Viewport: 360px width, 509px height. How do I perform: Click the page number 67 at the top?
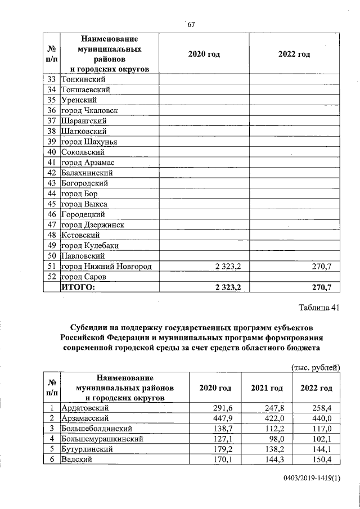(x=191, y=24)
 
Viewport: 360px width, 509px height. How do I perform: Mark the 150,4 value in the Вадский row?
(x=323, y=460)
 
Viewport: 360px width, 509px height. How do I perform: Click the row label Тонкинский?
(x=83, y=79)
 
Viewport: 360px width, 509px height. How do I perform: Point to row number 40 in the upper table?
(x=51, y=152)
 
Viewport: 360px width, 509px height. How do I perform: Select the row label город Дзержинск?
(x=93, y=224)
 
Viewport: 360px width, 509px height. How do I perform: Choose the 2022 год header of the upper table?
(x=294, y=54)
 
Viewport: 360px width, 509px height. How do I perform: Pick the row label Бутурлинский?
(x=89, y=449)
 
